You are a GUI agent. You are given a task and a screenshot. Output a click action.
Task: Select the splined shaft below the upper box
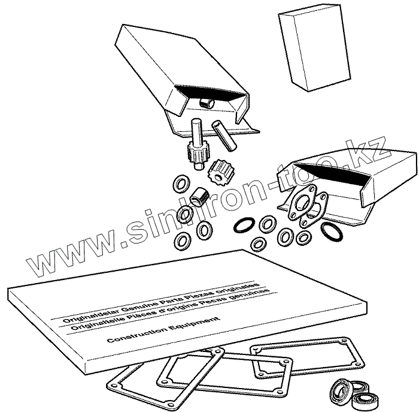click(x=198, y=144)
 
